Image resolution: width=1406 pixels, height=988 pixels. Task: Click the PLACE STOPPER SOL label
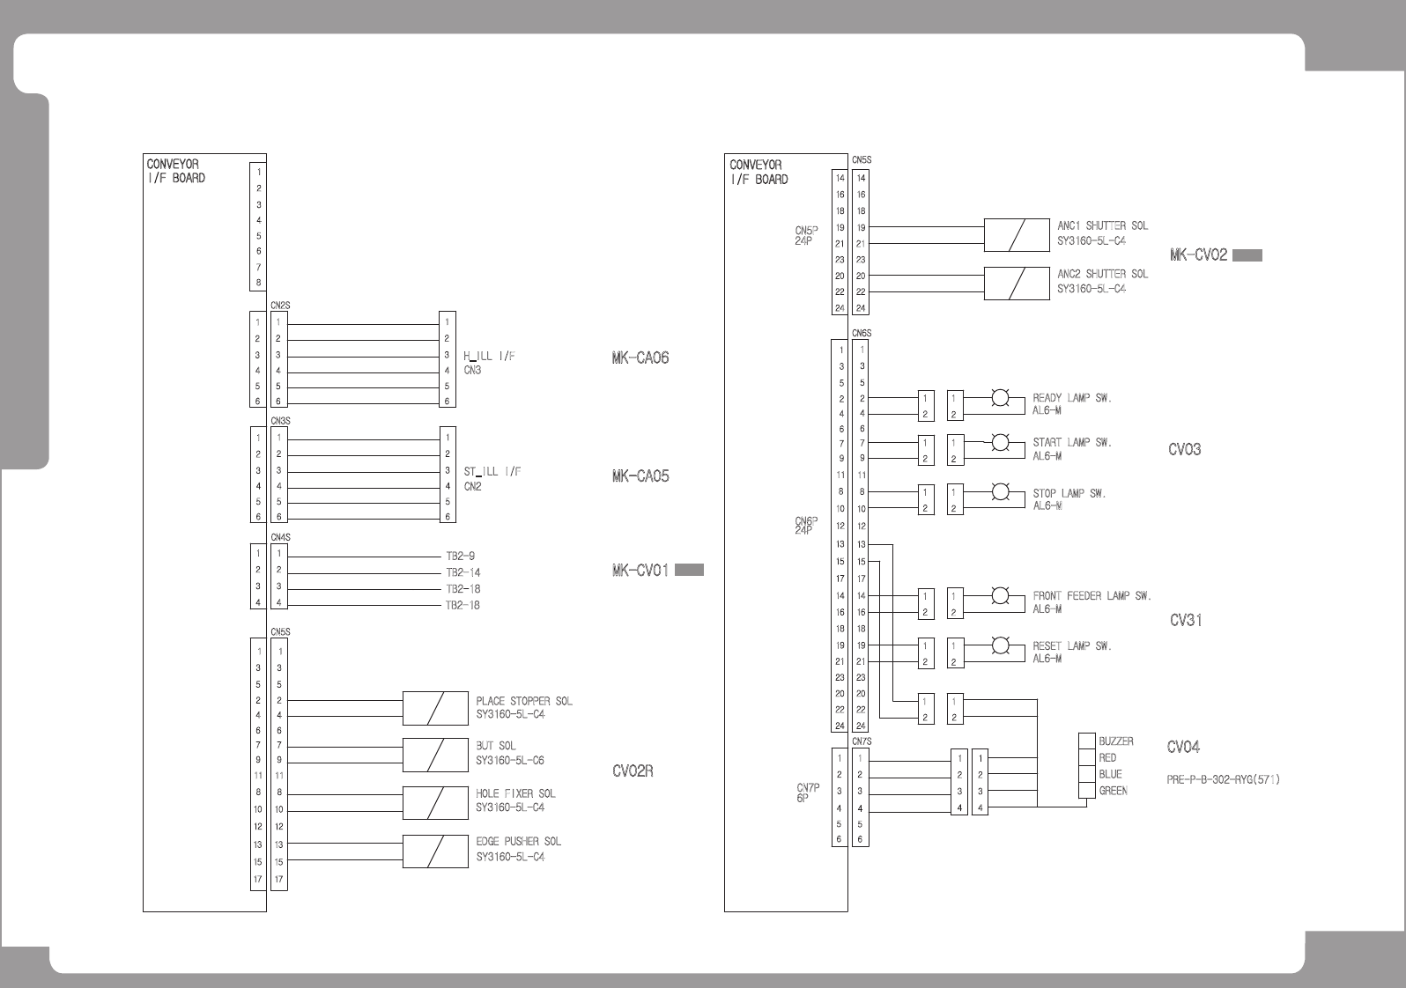[x=524, y=701]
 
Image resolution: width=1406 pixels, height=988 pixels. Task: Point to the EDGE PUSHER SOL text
[x=517, y=842]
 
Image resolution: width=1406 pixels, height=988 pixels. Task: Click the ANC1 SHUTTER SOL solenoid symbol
[x=1017, y=235]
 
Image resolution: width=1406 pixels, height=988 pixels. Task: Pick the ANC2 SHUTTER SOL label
[x=1103, y=274]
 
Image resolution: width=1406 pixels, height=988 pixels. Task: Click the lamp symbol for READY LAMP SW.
[x=1000, y=398]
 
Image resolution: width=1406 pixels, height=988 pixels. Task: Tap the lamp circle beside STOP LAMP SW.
[x=1000, y=492]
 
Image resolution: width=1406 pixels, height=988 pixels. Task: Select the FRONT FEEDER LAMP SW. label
[x=1091, y=596]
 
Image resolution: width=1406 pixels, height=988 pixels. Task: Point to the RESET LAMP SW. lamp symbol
[x=1000, y=645]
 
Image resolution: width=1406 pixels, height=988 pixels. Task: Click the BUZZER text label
[x=1116, y=741]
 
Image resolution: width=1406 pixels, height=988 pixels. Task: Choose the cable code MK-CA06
[x=640, y=358]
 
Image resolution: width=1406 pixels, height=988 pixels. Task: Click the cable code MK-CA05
[x=640, y=476]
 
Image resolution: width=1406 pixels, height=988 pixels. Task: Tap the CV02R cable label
[x=633, y=771]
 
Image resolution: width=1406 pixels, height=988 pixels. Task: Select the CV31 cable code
[x=1186, y=620]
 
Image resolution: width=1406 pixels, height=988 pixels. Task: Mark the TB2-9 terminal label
[x=461, y=557]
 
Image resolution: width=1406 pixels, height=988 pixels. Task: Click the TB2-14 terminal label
[x=463, y=572]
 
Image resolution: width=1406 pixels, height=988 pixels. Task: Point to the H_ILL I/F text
[x=489, y=356]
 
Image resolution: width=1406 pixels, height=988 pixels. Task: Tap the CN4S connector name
[x=280, y=537]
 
